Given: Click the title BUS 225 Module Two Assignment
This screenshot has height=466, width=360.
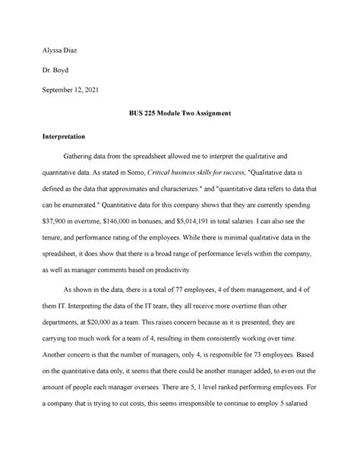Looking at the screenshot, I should [x=179, y=114].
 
